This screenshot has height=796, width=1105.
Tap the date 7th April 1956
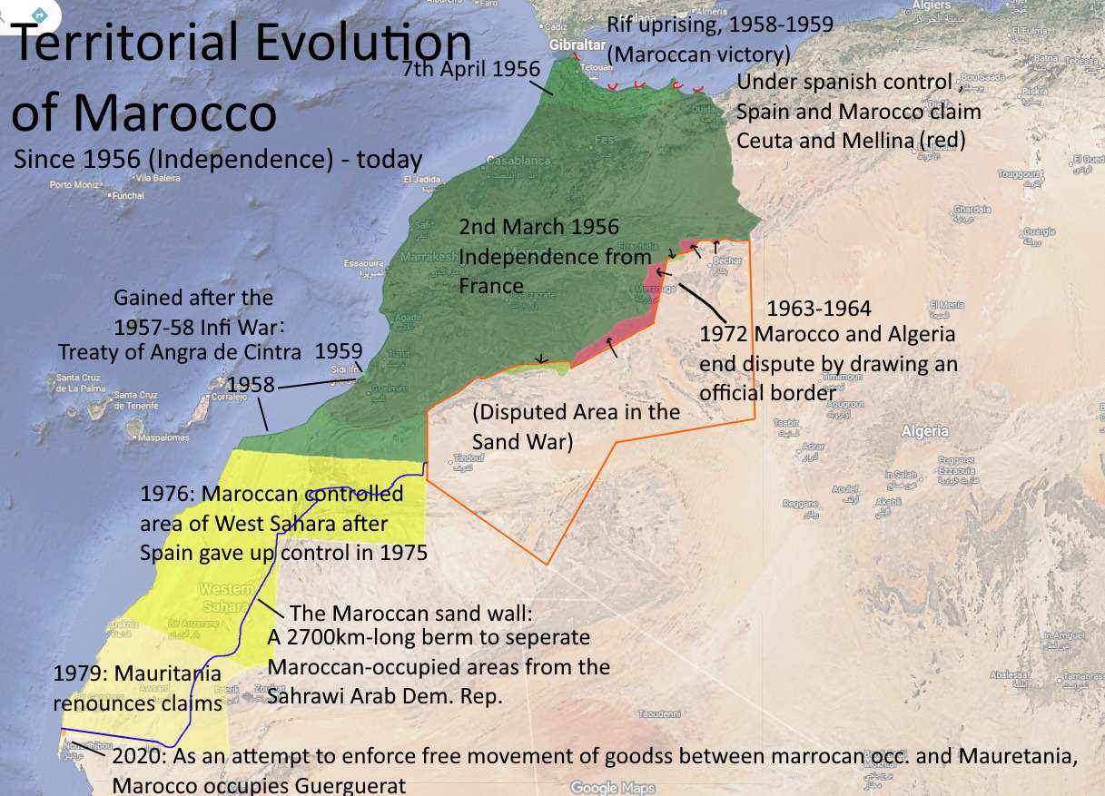pyautogui.click(x=471, y=69)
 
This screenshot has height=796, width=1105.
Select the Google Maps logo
pyautogui.click(x=613, y=788)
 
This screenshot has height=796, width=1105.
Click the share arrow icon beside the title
pyautogui.click(x=40, y=15)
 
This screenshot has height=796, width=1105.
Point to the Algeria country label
pyautogui.click(x=925, y=432)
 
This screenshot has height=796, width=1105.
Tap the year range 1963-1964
pyautogui.click(x=819, y=309)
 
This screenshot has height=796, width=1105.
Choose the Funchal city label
pyautogui.click(x=128, y=195)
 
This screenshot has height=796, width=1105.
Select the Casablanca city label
pyautogui.click(x=518, y=161)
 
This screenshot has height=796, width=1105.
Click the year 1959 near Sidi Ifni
pyautogui.click(x=339, y=351)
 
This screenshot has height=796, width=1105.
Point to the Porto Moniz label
pyautogui.click(x=74, y=184)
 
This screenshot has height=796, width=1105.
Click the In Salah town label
pyautogui.click(x=900, y=475)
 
